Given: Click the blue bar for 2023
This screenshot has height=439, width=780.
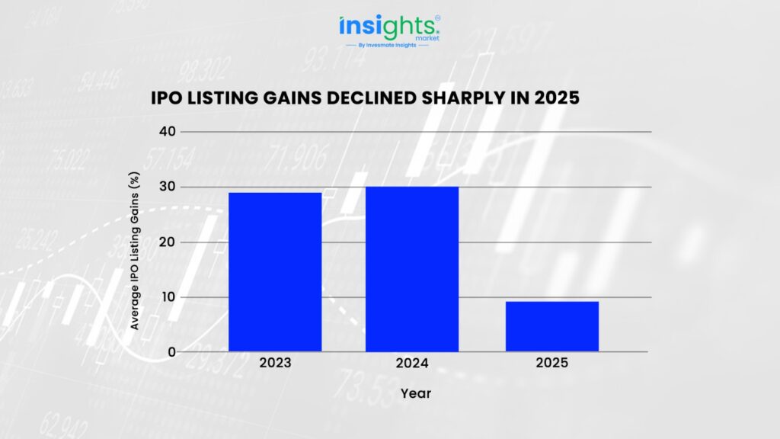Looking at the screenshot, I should point(274,272).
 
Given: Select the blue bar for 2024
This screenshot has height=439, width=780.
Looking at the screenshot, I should point(412,269).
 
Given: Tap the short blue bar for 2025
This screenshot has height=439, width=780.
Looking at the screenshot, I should point(551,326).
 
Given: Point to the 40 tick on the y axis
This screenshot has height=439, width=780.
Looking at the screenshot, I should point(167,132).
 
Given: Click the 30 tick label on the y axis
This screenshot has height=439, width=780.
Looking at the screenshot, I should point(167,187).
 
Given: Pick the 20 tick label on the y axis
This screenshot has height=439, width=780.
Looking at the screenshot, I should point(167,242).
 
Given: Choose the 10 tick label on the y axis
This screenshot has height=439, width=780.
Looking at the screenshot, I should point(167,297).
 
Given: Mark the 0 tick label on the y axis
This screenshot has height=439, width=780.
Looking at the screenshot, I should point(171,352).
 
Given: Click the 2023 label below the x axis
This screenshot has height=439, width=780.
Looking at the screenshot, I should point(274,364).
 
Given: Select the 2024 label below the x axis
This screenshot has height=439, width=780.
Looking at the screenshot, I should point(412,364).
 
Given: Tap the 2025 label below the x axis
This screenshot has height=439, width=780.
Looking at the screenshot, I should point(551,364).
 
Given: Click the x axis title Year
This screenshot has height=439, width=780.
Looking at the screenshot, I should point(416,394).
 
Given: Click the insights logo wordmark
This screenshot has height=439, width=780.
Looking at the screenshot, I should point(387,27).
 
